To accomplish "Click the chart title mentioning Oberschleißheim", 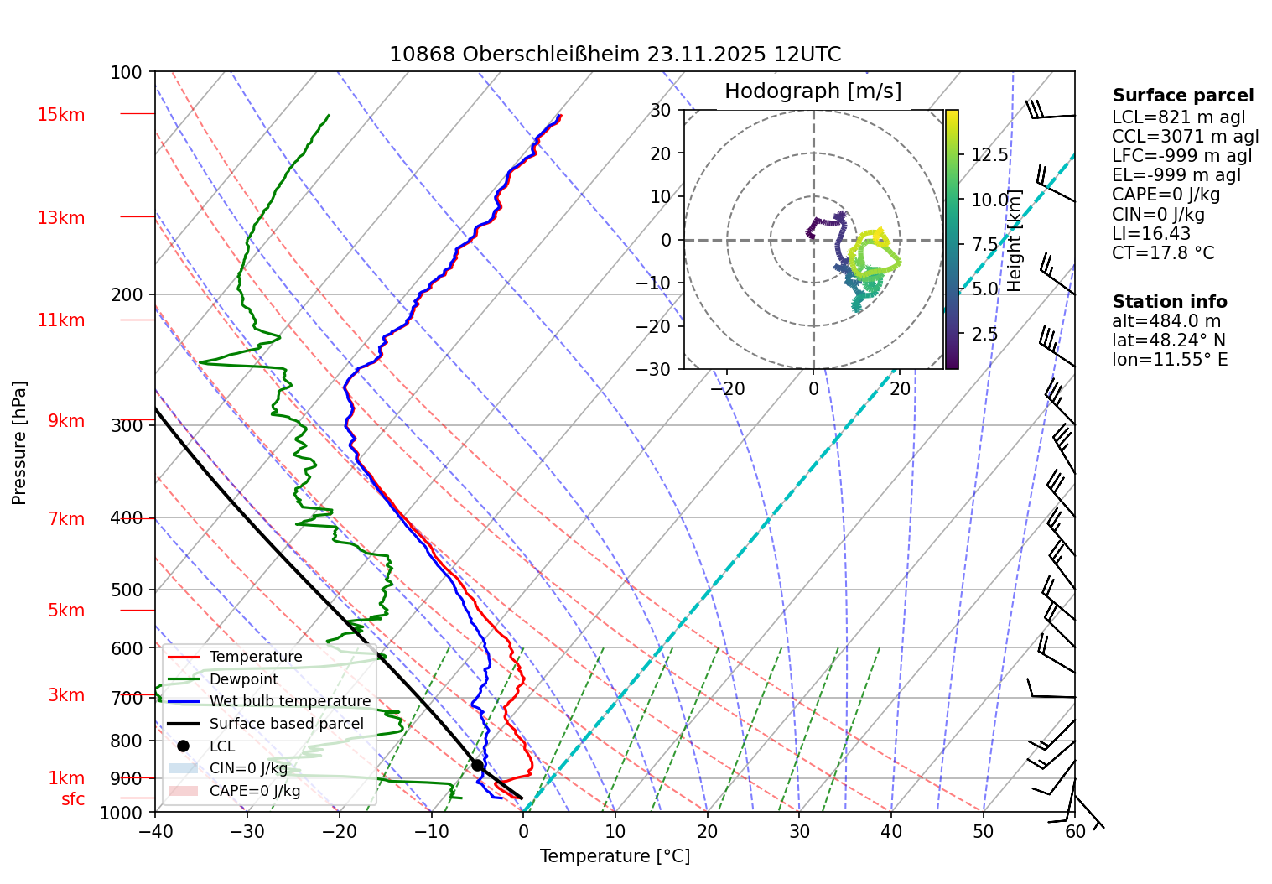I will coord(615,55).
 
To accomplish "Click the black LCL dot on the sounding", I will coord(477,765).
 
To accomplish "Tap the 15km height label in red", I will coord(60,115).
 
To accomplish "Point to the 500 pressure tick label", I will coord(127,590).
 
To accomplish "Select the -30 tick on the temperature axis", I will coord(247,832).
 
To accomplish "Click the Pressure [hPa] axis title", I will coord(19,443).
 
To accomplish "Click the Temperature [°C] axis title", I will coord(615,856).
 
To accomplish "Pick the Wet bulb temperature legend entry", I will coord(289,701).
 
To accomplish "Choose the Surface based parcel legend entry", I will coord(286,724).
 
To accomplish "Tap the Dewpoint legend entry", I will coord(243,679).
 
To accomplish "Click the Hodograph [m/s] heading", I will coord(813,91).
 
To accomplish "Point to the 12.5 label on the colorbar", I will coord(989,155).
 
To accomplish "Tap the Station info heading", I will coord(1169,302).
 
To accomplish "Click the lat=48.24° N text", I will coord(1168,341).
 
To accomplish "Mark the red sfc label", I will coord(73,799).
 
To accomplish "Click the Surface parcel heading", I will coord(1182,96).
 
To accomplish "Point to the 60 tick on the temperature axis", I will coord(1074,832).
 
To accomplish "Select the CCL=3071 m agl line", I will coord(1185,137).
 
